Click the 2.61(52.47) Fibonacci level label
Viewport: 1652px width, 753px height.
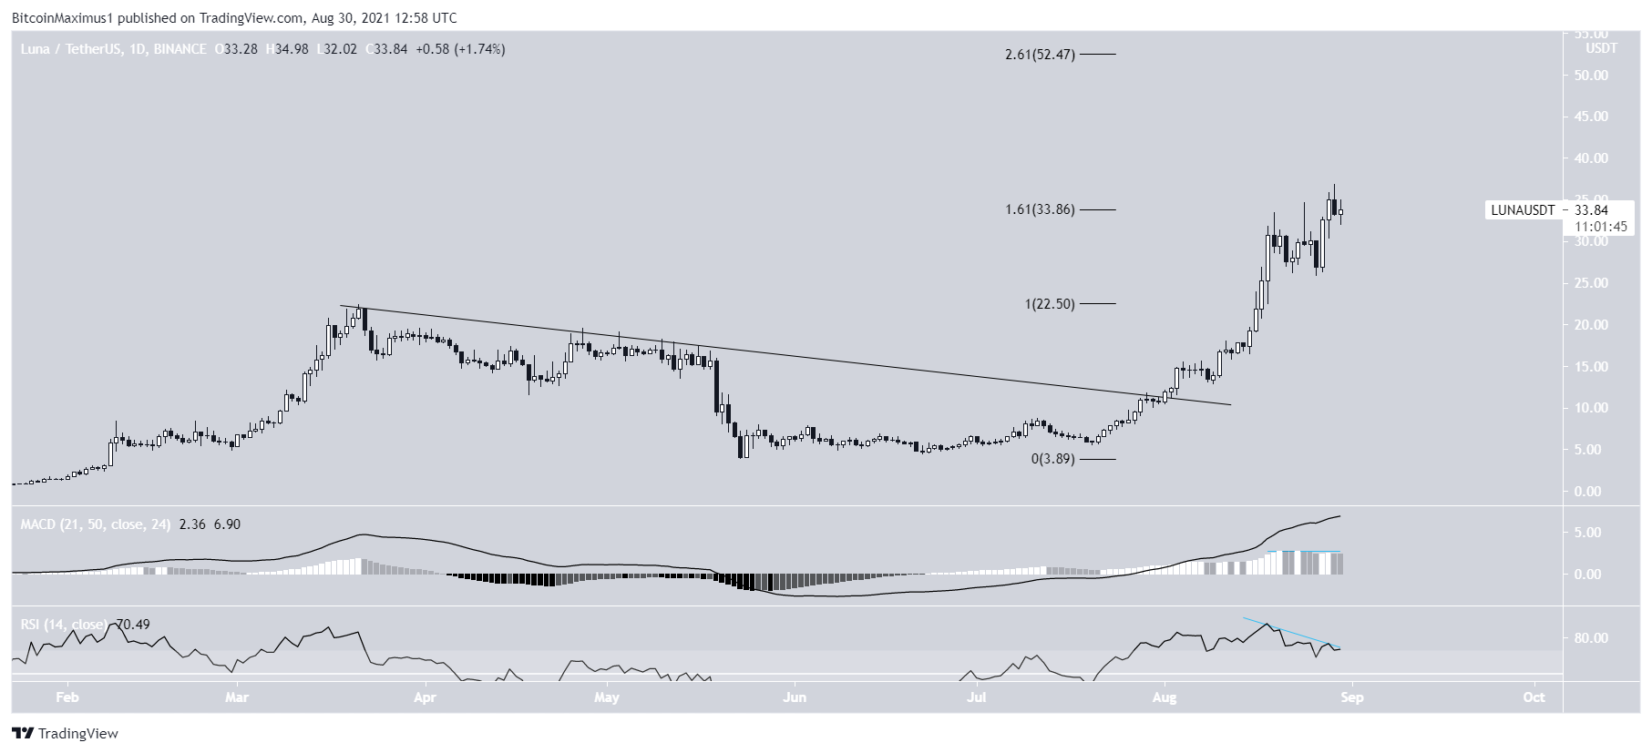point(1040,55)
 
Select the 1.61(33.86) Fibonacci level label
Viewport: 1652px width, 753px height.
point(1040,209)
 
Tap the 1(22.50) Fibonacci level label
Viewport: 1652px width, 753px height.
point(1050,304)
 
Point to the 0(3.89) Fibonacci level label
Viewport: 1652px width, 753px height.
point(1052,459)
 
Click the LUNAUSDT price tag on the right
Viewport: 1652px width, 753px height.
point(1522,210)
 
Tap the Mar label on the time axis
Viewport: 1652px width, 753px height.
point(238,698)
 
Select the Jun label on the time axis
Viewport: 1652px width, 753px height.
point(795,698)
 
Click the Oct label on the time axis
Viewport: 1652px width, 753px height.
point(1534,698)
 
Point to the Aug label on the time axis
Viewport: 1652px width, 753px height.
point(1165,698)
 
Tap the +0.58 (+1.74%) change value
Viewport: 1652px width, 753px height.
point(460,49)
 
